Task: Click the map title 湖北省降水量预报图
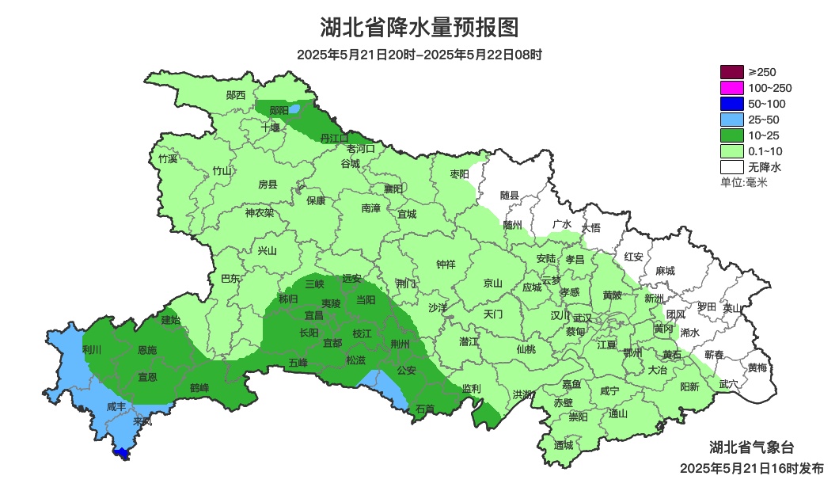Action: (x=419, y=28)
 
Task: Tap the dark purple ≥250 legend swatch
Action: (x=732, y=72)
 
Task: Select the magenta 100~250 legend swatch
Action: (x=732, y=88)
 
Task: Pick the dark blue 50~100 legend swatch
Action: (x=732, y=104)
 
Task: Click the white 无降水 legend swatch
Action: (x=732, y=167)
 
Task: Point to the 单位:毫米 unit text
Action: (x=743, y=182)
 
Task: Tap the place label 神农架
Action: (x=259, y=212)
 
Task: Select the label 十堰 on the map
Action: (x=271, y=127)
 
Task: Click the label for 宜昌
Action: (x=313, y=314)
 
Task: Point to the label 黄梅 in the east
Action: (x=757, y=367)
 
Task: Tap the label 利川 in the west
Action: (x=92, y=349)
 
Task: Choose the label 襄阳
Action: (x=393, y=188)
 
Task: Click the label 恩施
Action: (x=147, y=349)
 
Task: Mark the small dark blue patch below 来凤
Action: (x=122, y=454)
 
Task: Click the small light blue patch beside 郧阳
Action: (x=294, y=109)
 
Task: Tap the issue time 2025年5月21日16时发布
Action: (x=751, y=468)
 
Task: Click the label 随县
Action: (x=510, y=195)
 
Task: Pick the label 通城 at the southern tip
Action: (x=564, y=445)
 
